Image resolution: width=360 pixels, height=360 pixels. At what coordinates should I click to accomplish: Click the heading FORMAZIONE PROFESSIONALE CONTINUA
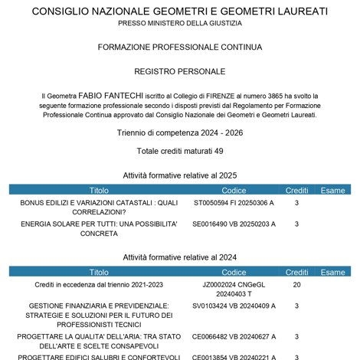180,47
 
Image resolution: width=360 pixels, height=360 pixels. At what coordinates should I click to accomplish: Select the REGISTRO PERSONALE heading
180,70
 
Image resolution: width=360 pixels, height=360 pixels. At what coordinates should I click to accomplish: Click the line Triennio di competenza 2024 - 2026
180,133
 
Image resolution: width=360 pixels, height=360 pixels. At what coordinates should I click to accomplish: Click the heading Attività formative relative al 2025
180,175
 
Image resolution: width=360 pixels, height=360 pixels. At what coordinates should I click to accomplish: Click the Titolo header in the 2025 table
99,190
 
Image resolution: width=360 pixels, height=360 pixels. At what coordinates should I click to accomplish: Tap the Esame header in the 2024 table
332,272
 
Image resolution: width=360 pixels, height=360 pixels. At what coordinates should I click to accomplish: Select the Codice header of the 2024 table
234,272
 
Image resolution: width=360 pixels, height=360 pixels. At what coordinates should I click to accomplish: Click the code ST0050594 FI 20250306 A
234,203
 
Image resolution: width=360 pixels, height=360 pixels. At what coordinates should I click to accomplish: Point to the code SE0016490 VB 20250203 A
234,224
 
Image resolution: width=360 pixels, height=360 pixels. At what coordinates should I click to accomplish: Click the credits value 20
296,285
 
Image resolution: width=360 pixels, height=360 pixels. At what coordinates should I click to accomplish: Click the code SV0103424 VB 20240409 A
234,306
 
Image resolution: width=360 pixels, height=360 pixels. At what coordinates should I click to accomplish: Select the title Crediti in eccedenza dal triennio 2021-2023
99,285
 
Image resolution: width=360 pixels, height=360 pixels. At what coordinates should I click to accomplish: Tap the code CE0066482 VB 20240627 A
234,336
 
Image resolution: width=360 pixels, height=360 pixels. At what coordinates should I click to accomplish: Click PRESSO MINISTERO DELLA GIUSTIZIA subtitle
180,24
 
